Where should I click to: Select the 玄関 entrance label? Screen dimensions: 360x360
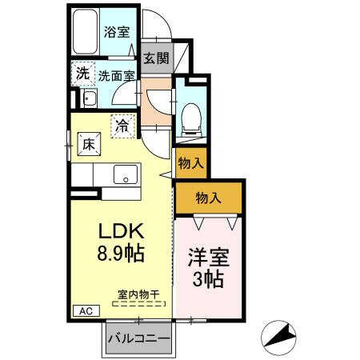pos(156,58)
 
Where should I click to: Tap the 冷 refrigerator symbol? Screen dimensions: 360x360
pos(122,126)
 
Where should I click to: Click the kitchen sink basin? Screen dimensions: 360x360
pos(124,174)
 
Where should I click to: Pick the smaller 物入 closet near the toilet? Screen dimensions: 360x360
pos(190,163)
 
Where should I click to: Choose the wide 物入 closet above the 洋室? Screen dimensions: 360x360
pos(210,198)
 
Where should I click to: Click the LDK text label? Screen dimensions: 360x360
pos(121,231)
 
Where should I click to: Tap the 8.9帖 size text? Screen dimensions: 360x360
pos(121,254)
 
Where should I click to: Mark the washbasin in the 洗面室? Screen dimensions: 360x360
pos(90,99)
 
